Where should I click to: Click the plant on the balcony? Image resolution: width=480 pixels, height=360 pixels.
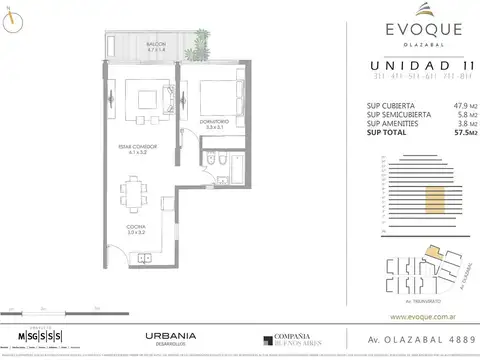pyautogui.click(x=203, y=41)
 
